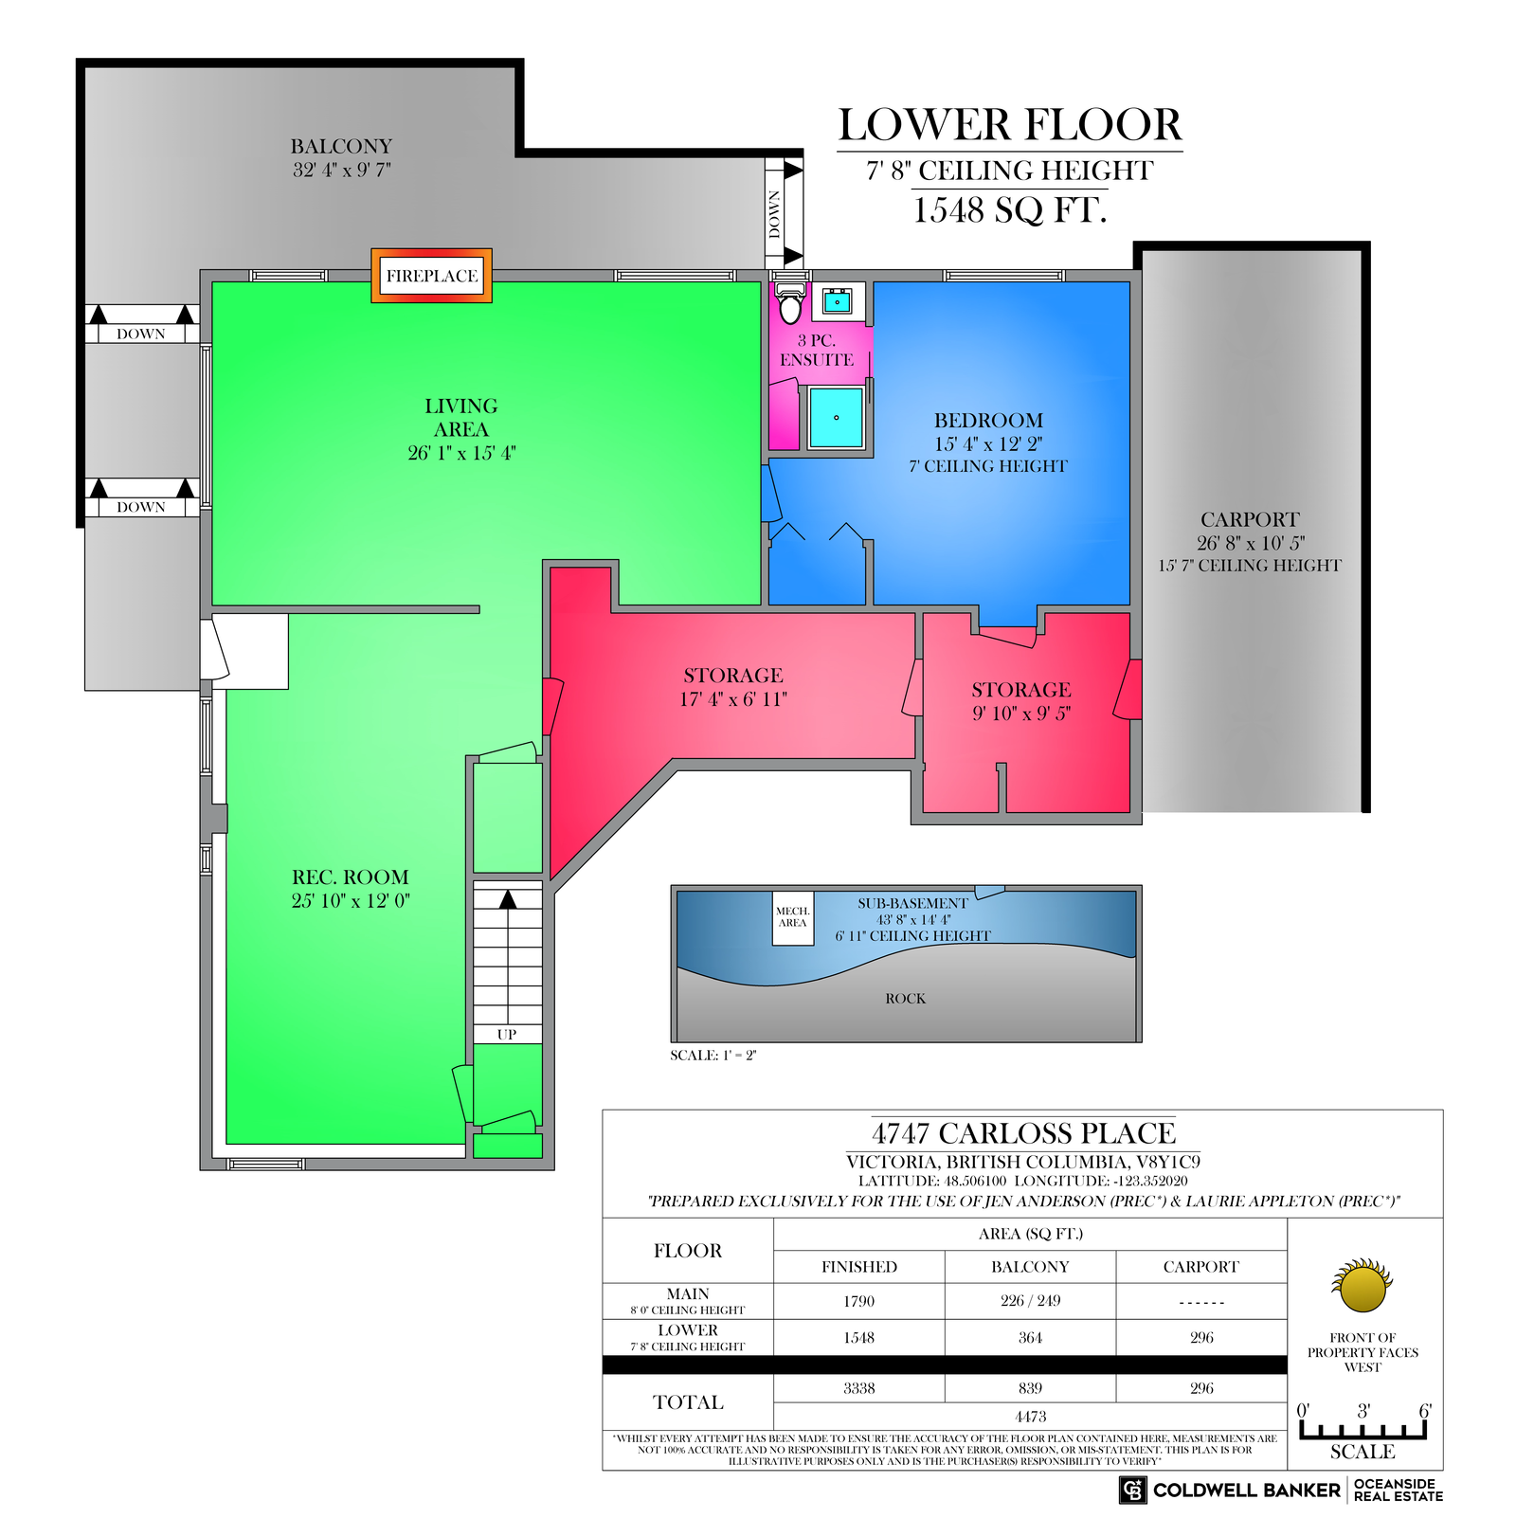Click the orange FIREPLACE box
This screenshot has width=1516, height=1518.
point(431,276)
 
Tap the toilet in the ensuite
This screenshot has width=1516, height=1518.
point(790,302)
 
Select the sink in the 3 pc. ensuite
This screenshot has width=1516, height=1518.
point(838,301)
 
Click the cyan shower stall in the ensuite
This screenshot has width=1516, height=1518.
point(837,417)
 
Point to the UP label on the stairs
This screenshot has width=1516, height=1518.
point(507,1035)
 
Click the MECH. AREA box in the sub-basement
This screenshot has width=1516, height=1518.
point(792,917)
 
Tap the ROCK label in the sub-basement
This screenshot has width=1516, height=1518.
point(906,999)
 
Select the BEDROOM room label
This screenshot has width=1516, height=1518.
point(988,421)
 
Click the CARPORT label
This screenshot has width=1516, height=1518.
point(1250,519)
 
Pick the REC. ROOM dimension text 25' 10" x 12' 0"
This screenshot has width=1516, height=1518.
point(351,900)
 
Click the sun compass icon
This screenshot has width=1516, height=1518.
point(1363,1286)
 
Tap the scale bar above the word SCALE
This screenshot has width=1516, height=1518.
point(1363,1430)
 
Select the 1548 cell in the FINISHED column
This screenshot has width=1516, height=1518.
point(859,1338)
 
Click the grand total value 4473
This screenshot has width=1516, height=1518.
point(1030,1417)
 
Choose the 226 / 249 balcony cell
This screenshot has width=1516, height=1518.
point(1030,1301)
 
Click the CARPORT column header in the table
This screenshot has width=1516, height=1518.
point(1201,1267)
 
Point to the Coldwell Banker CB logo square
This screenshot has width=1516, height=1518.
point(1132,1491)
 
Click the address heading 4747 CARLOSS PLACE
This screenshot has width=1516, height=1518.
point(1023,1133)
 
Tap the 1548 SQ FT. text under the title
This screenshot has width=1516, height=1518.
point(1010,209)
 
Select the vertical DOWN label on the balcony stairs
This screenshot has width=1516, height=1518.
point(775,214)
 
